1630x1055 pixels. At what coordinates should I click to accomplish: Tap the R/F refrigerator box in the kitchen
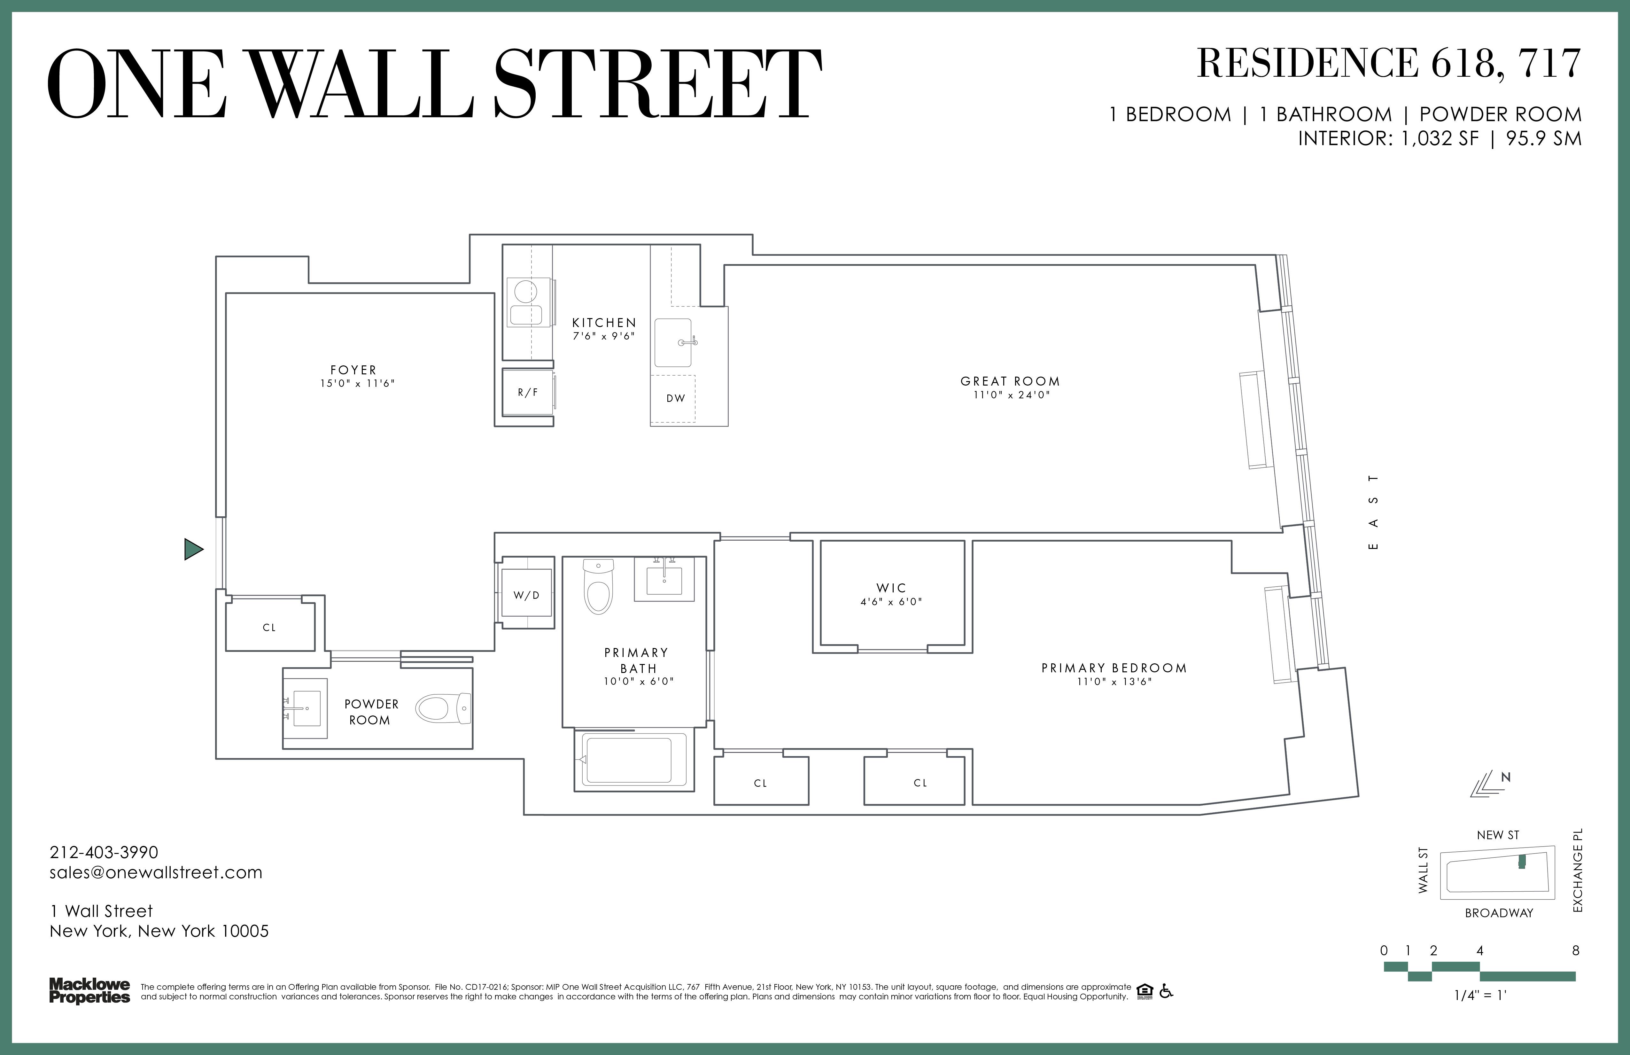(527, 393)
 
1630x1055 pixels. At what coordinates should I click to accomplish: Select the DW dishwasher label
(675, 398)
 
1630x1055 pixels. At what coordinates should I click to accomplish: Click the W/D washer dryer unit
(527, 595)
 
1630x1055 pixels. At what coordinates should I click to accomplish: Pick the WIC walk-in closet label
(891, 588)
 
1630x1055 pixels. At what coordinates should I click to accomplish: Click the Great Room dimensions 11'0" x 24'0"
(1011, 395)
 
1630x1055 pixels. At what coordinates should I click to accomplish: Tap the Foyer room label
(353, 370)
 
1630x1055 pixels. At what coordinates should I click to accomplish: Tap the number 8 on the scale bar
(1575, 951)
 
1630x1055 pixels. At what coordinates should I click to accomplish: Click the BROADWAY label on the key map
(1499, 913)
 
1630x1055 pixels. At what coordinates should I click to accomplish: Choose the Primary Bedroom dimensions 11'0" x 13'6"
(1114, 682)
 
